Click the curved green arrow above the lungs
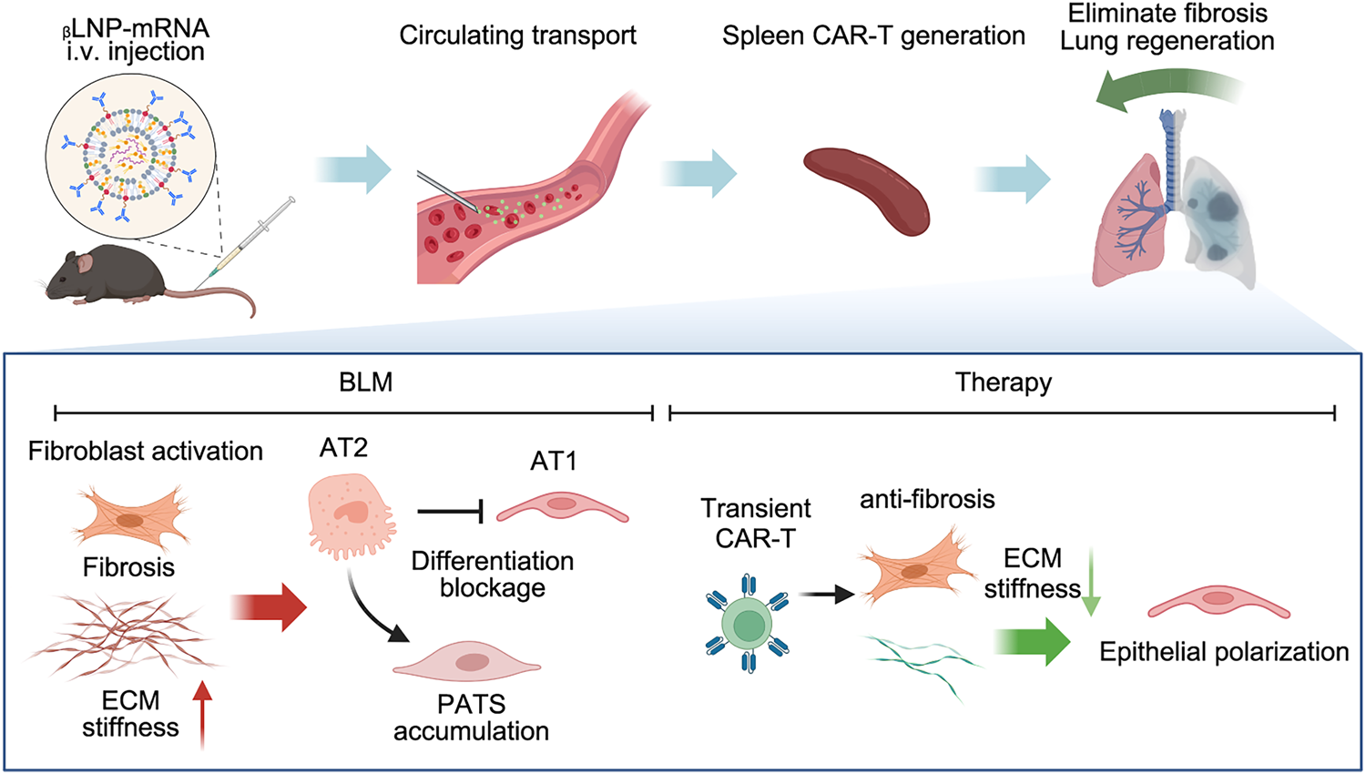click(1167, 91)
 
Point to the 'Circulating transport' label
click(518, 36)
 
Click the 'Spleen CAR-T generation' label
click(873, 36)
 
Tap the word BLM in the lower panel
click(366, 382)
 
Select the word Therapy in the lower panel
click(1004, 383)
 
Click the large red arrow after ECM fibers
click(269, 606)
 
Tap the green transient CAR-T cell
click(747, 624)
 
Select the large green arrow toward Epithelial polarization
click(1033, 641)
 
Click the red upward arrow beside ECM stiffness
click(202, 715)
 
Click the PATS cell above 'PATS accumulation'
click(466, 663)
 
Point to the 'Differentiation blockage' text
click(493, 575)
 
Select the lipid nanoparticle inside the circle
click(130, 156)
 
